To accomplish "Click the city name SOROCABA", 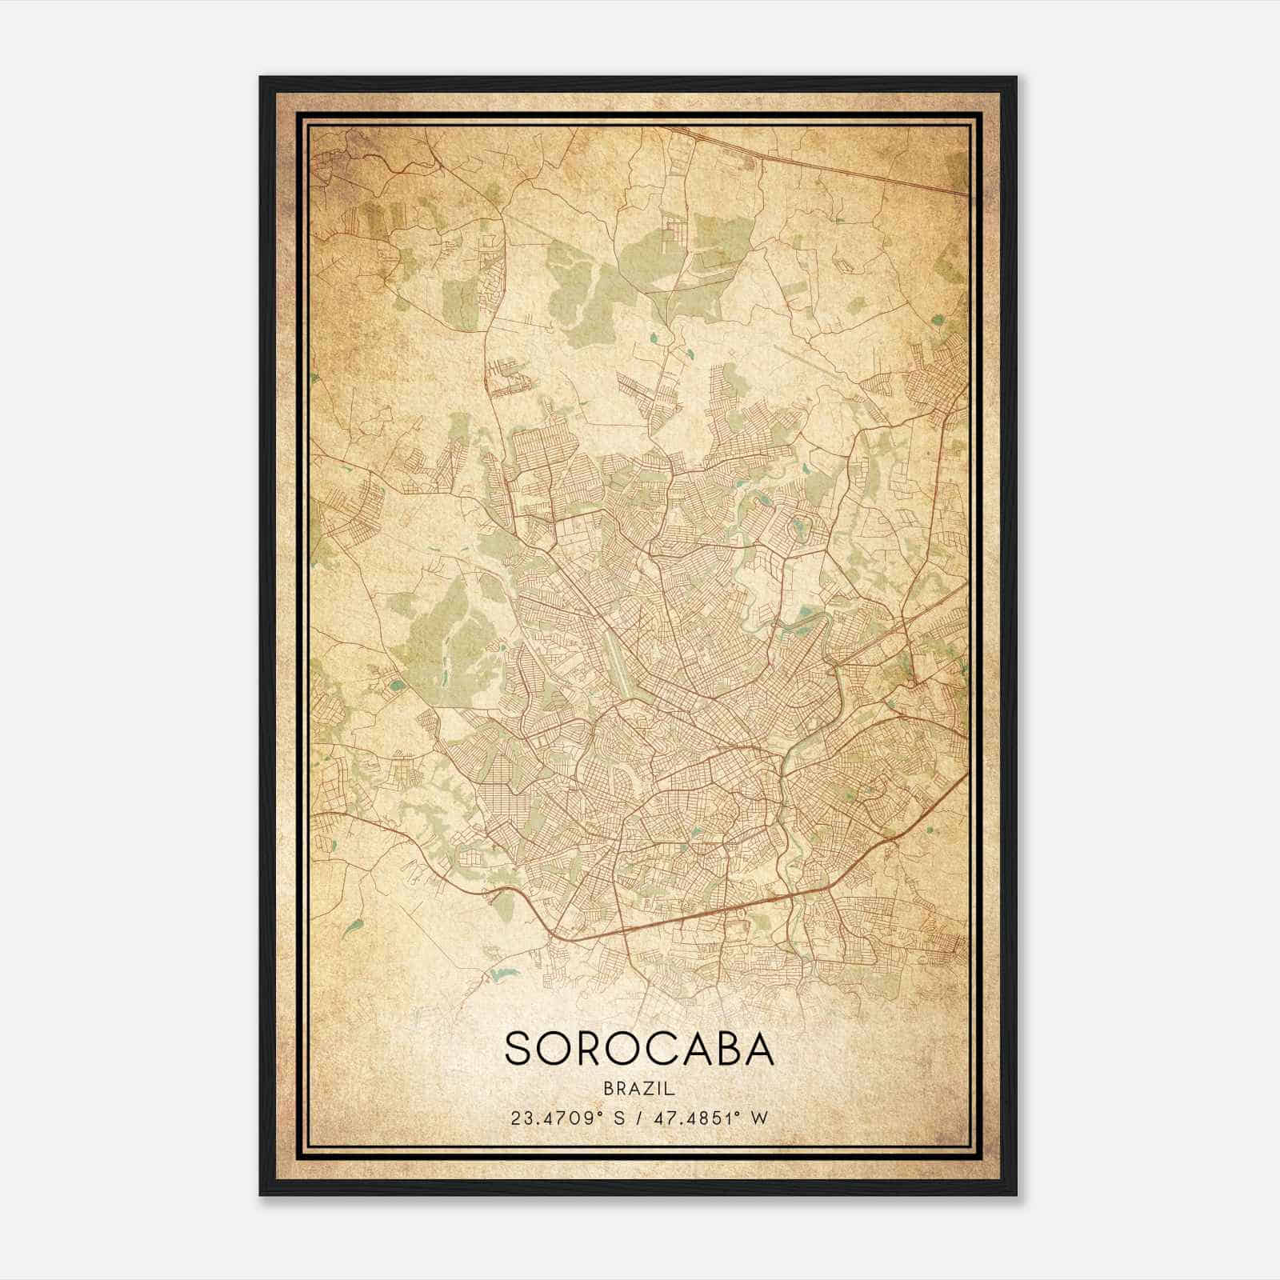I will pyautogui.click(x=639, y=1048).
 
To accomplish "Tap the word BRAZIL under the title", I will pyautogui.click(x=640, y=1089).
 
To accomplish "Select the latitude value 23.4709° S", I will pyautogui.click(x=564, y=1118).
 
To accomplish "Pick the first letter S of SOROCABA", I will pyautogui.click(x=518, y=1048).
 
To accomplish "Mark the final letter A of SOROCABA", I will pyautogui.click(x=761, y=1048).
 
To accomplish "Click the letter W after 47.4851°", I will pyautogui.click(x=760, y=1118).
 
